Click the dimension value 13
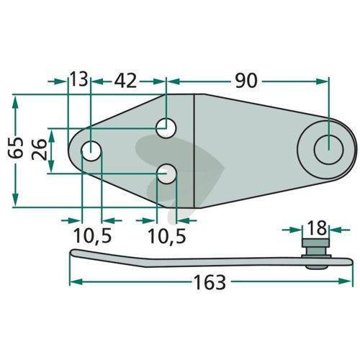78,79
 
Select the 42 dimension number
125,81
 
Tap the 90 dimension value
246,81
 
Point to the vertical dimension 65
16,148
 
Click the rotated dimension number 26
39,149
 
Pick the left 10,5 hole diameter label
93,235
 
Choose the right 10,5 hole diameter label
167,235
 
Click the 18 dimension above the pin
317,228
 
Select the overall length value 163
210,282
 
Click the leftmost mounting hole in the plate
91,151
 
